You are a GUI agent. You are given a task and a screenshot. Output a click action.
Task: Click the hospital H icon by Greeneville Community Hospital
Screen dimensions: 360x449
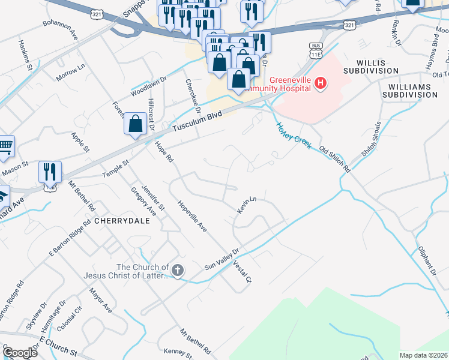click(321, 83)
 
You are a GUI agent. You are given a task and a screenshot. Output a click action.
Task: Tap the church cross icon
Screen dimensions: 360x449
click(178, 271)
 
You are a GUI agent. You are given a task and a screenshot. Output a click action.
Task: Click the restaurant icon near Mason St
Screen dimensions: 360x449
click(50, 172)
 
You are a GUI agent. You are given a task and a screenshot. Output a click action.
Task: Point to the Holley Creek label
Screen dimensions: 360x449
click(294, 136)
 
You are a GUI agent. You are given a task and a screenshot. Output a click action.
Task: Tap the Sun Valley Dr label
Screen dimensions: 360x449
click(221, 259)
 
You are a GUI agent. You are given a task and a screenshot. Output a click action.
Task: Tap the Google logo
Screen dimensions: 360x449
click(19, 353)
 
